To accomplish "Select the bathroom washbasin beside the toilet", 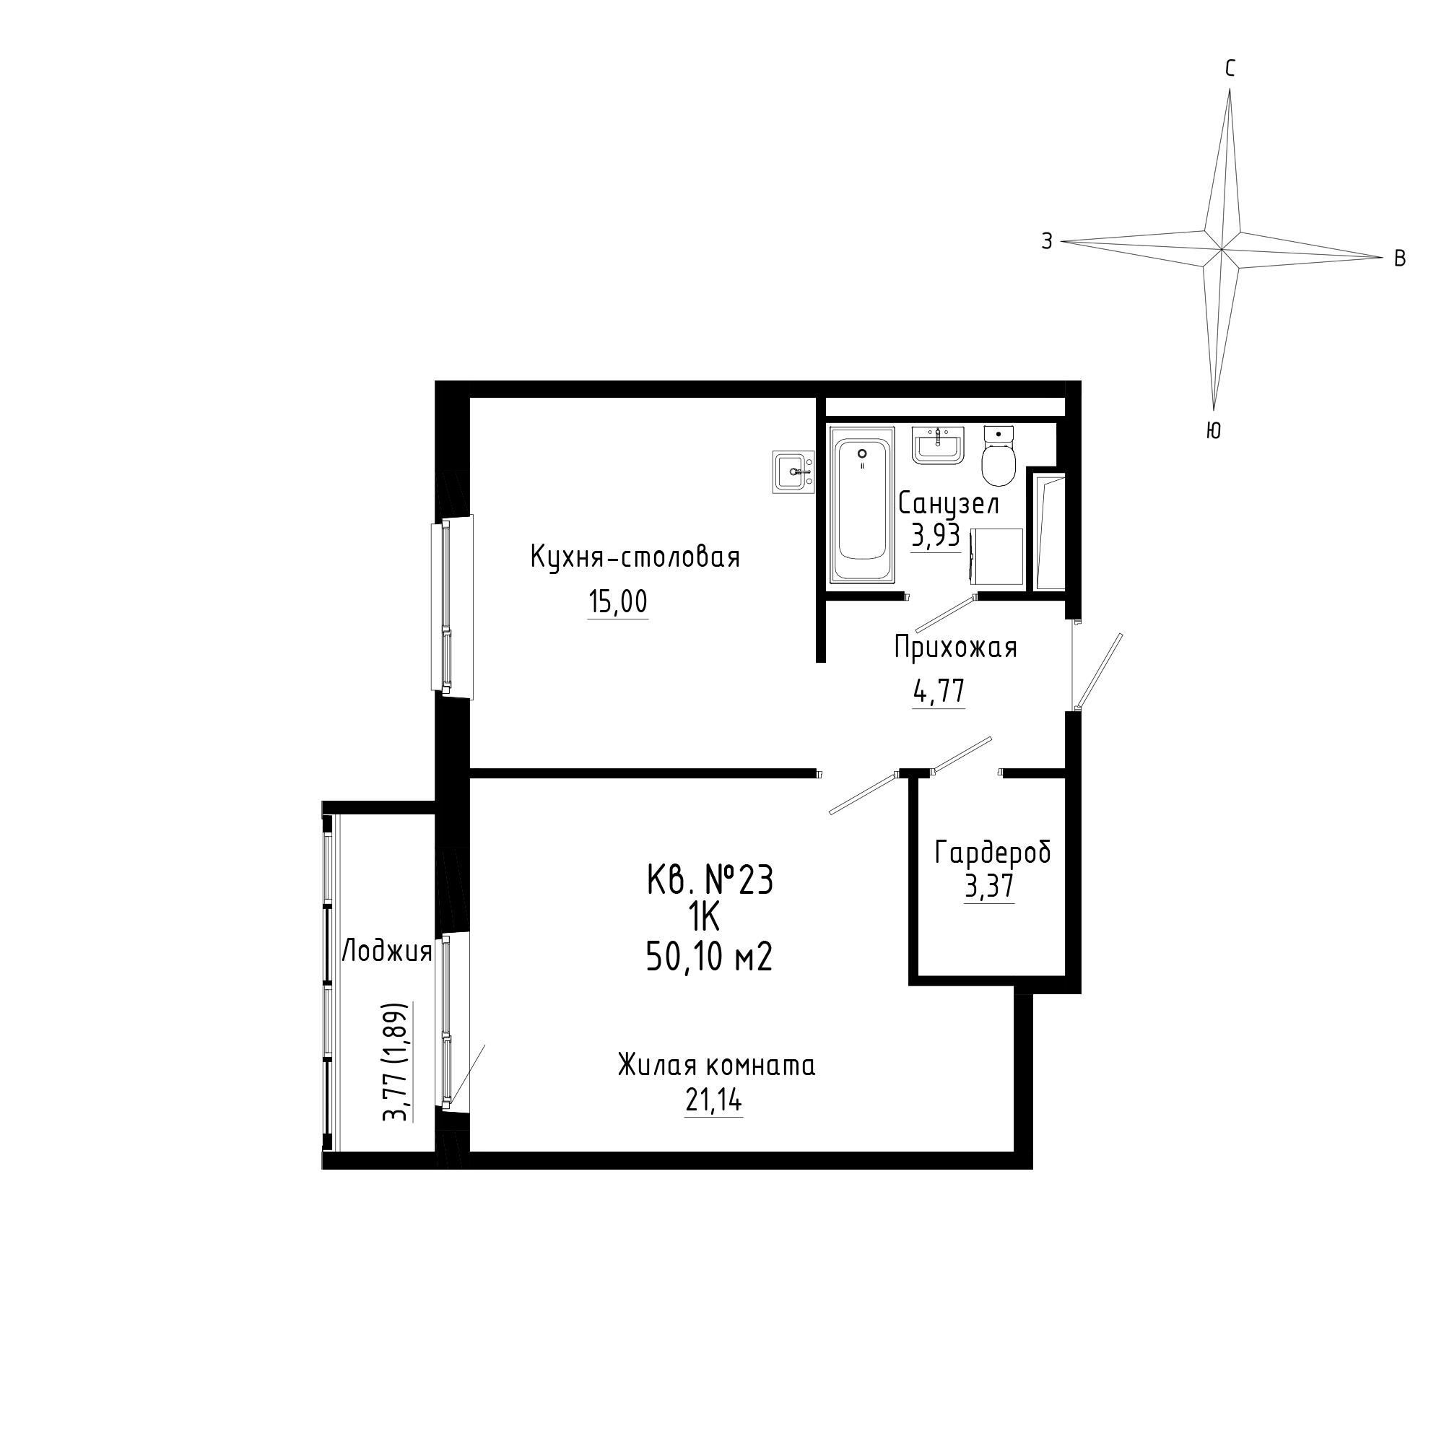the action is (939, 445).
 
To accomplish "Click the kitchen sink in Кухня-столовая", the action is (793, 472).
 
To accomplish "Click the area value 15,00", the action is (618, 602).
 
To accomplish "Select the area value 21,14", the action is (714, 1101).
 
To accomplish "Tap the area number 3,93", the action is (936, 536).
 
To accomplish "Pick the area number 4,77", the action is (939, 692).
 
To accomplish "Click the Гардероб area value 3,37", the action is (990, 887).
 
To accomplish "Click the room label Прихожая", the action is (956, 647).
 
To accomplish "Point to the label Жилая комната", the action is (717, 1065).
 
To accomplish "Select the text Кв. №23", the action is (710, 880).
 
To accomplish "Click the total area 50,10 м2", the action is (709, 957).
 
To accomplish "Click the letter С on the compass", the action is (1230, 69).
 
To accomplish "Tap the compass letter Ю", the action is (1214, 431).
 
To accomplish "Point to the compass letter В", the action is (1400, 258).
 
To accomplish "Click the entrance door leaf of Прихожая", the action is (1099, 671).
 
